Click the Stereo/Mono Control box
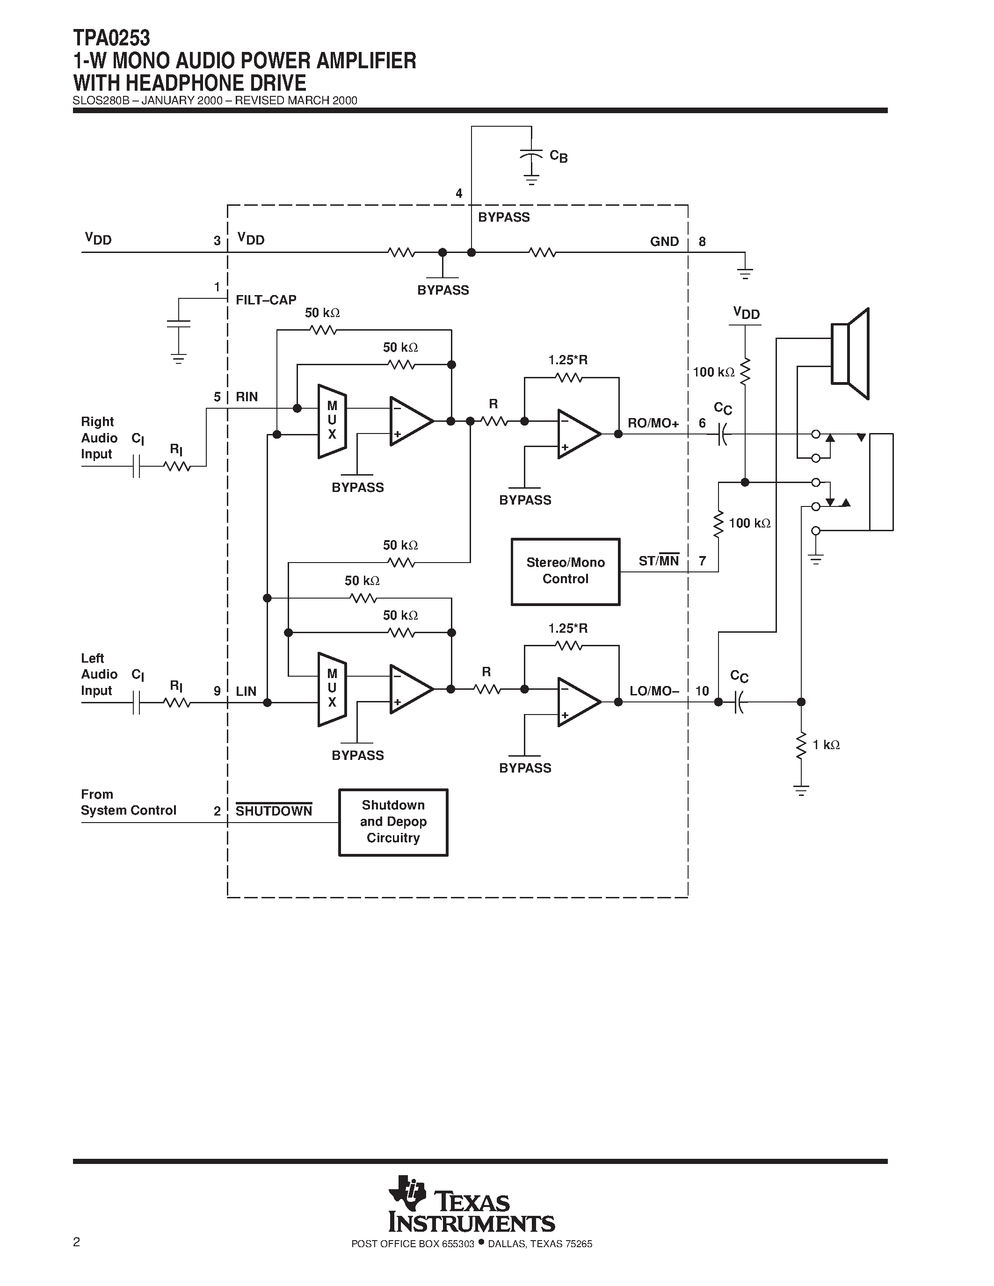pos(566,571)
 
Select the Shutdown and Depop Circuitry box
pos(393,822)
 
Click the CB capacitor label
pos(558,156)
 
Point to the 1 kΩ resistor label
pos(826,745)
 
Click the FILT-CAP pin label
pos(266,300)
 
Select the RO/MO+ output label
pos(653,423)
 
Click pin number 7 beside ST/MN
pos(702,561)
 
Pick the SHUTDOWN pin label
pos(274,811)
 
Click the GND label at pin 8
pos(664,241)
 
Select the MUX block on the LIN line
pos(332,689)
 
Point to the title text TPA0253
pos(111,38)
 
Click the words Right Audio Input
pos(98,438)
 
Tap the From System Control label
pos(128,802)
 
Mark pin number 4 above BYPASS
pos(459,194)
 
